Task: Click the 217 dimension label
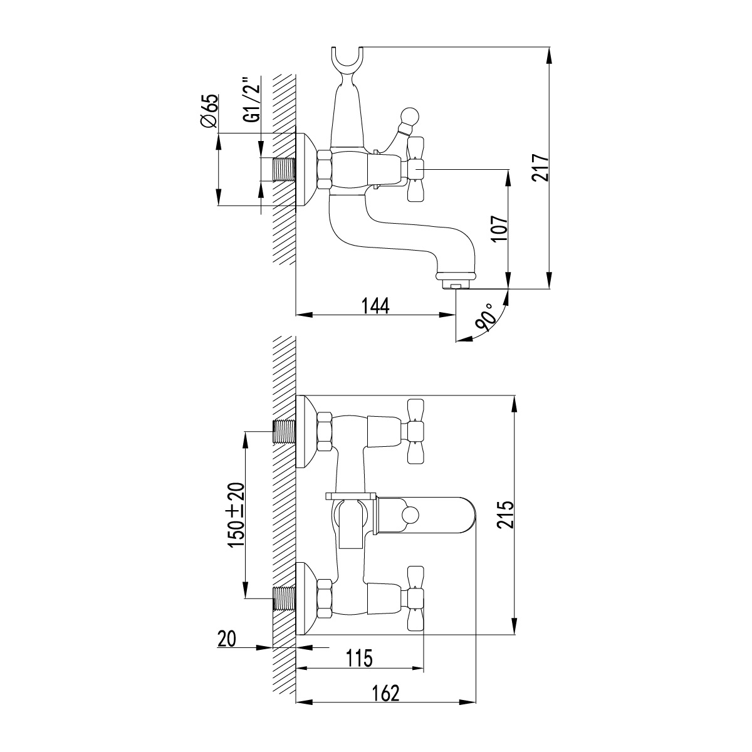pos(540,168)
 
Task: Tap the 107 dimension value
pos(500,229)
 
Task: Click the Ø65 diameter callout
pos(209,111)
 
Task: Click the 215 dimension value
pos(506,514)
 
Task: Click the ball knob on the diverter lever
pos(409,117)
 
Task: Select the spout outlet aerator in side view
pos(456,280)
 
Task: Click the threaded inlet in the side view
pos(284,169)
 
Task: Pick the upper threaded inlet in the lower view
pos(284,431)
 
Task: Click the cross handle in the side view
pos(415,169)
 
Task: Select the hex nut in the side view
pos(325,169)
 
